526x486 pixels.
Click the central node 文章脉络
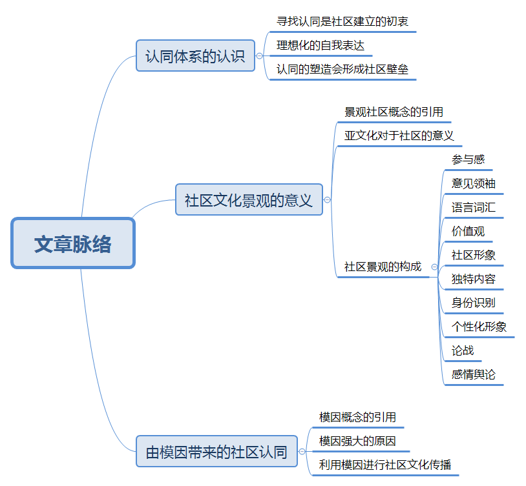coord(73,243)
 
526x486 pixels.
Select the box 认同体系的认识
coord(195,56)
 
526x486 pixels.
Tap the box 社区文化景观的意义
coord(249,199)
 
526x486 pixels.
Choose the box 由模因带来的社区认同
coord(216,451)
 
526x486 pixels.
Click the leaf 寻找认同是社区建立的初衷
coord(342,21)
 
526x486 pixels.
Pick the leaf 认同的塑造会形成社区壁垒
coord(342,69)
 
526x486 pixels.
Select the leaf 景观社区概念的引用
coord(394,112)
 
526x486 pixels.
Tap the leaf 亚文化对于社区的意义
coord(399,136)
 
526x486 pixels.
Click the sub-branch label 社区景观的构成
coord(383,267)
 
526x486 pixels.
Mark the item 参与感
coord(468,159)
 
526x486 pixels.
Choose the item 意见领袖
coord(474,183)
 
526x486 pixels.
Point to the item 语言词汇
coord(474,207)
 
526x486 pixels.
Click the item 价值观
coord(468,231)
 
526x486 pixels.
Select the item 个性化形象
coord(479,327)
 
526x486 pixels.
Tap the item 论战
coord(463,350)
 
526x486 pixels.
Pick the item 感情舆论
coord(474,374)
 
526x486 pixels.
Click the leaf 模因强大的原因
coord(357,441)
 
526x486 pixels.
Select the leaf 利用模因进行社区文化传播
coord(385,465)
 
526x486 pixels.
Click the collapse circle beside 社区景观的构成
coord(434,267)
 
